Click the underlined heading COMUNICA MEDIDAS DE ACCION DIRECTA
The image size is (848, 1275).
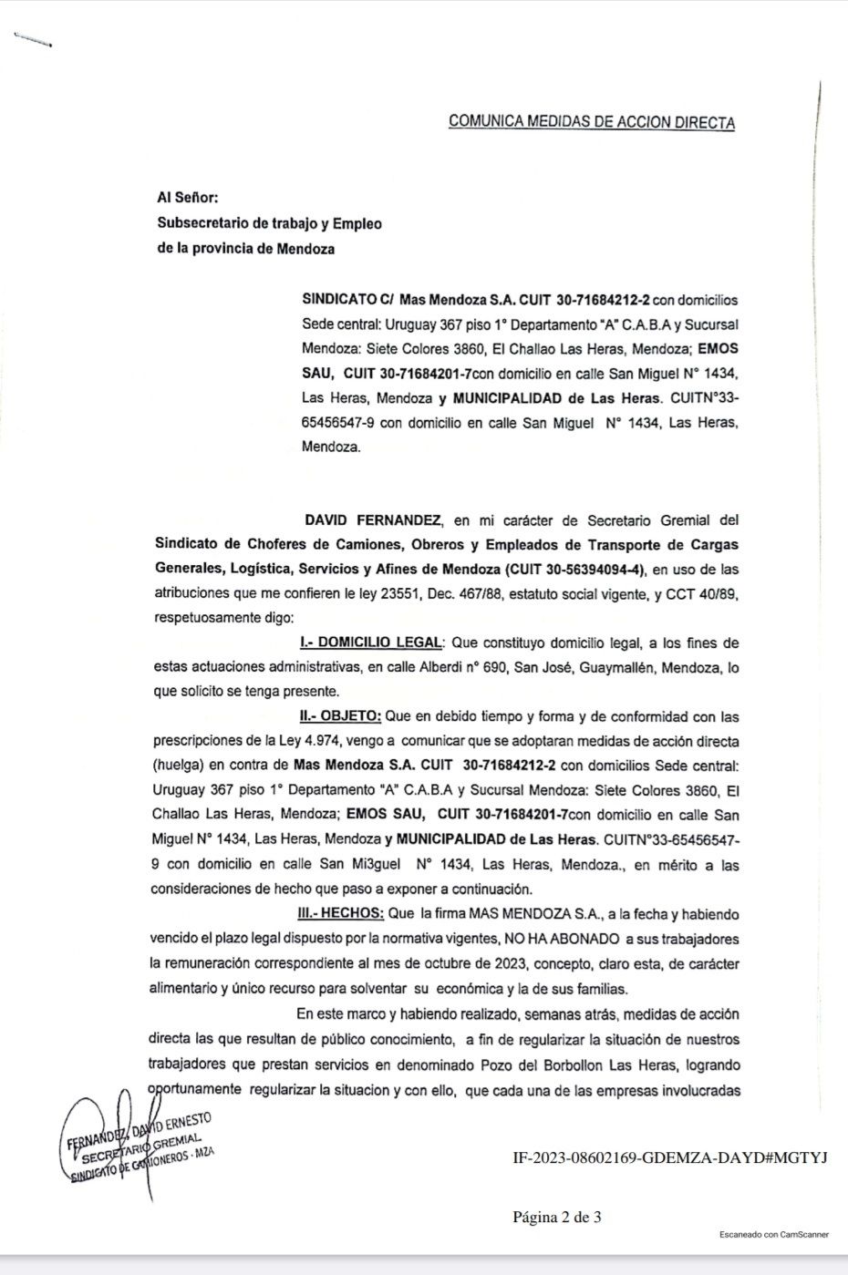pyautogui.click(x=591, y=122)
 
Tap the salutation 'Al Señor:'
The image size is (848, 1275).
pyautogui.click(x=188, y=198)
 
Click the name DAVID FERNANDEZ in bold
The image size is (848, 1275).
pyautogui.click(x=373, y=520)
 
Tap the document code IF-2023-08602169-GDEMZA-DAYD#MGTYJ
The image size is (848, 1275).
pyautogui.click(x=669, y=1157)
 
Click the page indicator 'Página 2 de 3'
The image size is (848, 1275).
pyautogui.click(x=556, y=1217)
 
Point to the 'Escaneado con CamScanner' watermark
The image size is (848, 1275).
pyautogui.click(x=773, y=1234)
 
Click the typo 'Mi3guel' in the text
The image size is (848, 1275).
pyautogui.click(x=386, y=865)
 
